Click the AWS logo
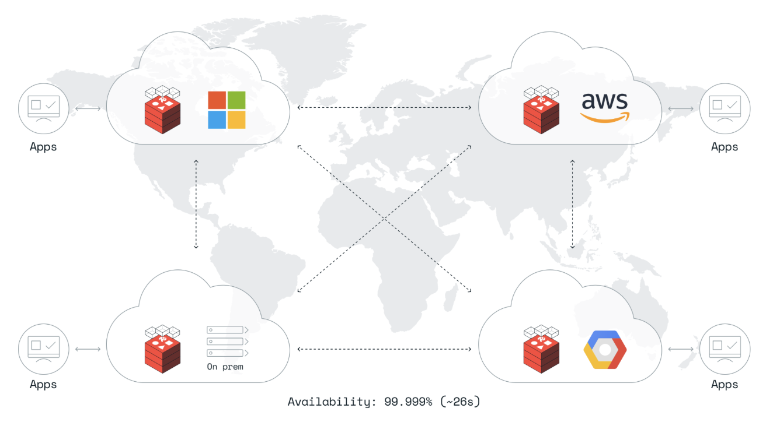click(604, 107)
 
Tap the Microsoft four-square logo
click(227, 110)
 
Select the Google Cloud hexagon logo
click(604, 349)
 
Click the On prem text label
click(225, 367)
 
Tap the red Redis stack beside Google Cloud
click(541, 348)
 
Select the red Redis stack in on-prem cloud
click(162, 348)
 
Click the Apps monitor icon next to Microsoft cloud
click(43, 108)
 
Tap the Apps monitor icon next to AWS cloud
click(725, 108)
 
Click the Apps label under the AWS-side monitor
click(725, 147)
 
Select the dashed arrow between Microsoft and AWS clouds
click(384, 107)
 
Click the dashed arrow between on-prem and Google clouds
click(384, 349)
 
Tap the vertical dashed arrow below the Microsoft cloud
click(196, 204)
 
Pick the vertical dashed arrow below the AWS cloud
click(573, 204)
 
